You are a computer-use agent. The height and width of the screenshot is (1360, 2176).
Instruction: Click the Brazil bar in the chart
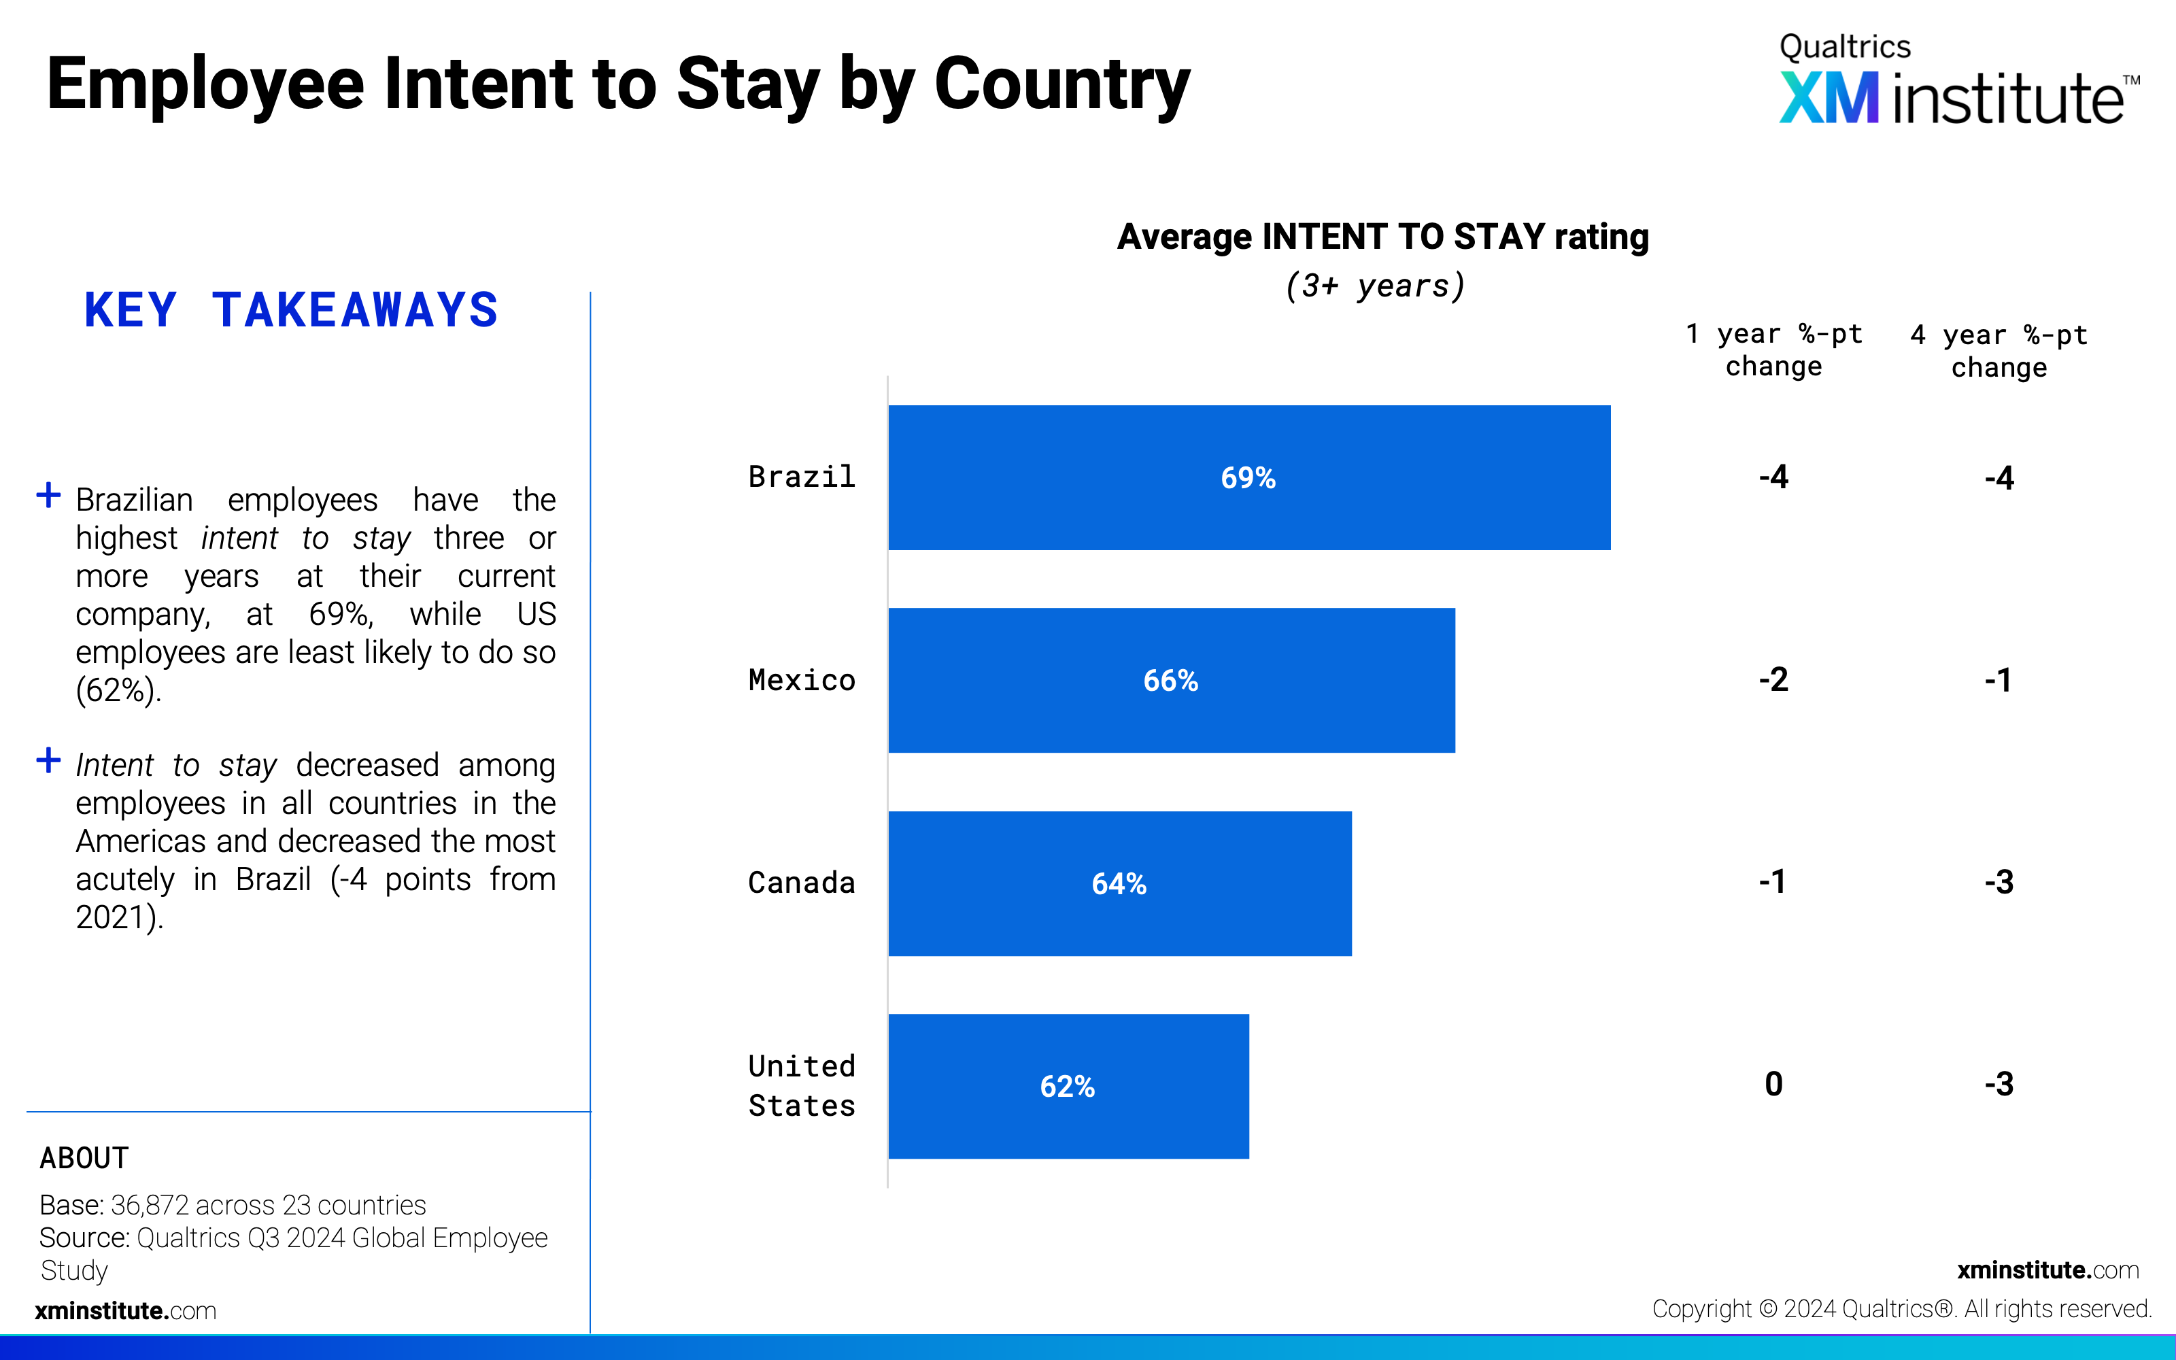(1249, 477)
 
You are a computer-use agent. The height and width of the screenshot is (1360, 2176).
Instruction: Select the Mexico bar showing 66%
(1172, 680)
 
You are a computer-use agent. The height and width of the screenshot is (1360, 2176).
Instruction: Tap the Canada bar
(1119, 883)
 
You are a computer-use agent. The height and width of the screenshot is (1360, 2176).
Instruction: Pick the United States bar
(1068, 1086)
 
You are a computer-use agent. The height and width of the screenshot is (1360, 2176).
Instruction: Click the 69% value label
(1248, 477)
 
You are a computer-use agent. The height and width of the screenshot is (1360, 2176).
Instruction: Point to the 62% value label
(1068, 1087)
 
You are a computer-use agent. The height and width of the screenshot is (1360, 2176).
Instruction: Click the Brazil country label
(801, 477)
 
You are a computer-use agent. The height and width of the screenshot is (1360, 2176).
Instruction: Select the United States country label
(801, 1086)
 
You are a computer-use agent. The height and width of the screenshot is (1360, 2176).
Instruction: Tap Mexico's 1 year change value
(1773, 679)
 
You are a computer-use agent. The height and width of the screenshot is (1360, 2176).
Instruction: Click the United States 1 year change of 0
(1773, 1084)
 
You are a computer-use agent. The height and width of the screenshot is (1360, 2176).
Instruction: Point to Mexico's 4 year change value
(1998, 679)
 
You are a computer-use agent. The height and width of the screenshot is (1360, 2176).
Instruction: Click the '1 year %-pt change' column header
(1773, 350)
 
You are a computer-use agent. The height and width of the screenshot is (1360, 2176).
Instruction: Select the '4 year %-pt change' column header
(1999, 351)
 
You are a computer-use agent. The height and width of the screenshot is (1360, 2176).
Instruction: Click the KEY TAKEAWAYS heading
(290, 310)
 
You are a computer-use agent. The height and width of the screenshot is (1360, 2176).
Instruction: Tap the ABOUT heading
(84, 1157)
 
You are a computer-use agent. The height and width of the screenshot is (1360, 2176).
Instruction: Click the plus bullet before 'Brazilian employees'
(48, 495)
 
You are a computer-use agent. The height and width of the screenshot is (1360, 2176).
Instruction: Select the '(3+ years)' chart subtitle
(1376, 286)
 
